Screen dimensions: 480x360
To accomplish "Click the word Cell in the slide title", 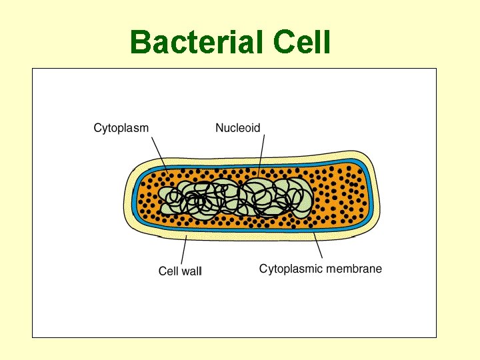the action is (302, 43).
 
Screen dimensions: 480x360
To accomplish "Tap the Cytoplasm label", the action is (121, 127).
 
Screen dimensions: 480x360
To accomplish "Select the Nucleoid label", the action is (238, 127).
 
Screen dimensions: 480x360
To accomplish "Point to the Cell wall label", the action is (180, 271).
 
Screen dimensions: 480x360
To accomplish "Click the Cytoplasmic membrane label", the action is (321, 269).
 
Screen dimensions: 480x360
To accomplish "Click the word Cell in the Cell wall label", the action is (168, 271).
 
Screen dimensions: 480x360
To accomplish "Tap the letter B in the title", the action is (141, 43).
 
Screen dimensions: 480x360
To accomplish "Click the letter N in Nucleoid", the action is (219, 127).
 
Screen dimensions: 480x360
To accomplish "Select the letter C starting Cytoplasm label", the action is (97, 127).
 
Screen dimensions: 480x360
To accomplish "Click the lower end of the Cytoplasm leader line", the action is (167, 171).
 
